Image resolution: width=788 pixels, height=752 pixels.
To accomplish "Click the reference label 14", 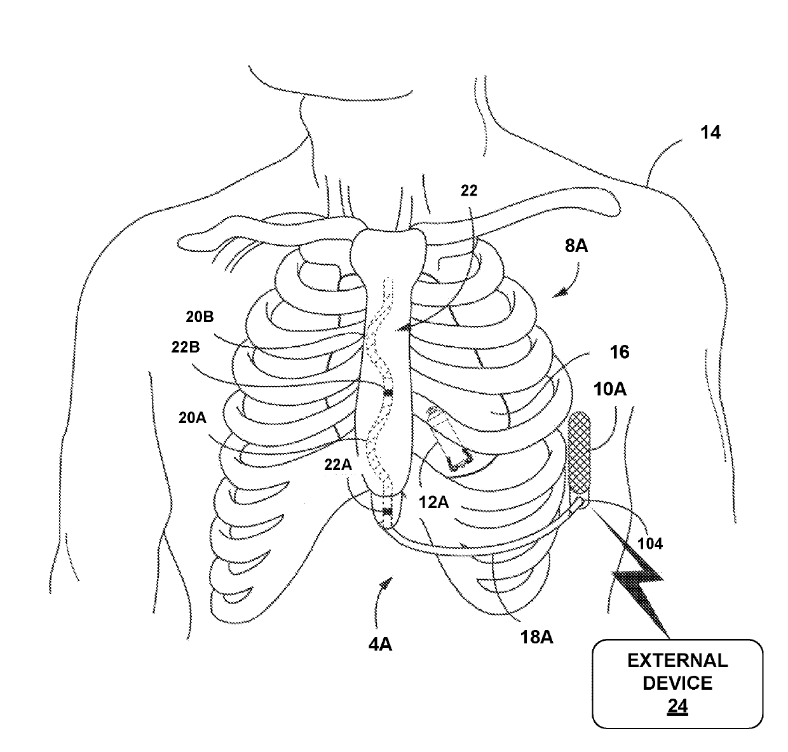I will [710, 133].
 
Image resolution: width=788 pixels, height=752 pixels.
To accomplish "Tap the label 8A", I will [576, 246].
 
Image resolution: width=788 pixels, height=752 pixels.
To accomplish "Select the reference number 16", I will [620, 352].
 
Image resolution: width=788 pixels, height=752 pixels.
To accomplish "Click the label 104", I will [650, 544].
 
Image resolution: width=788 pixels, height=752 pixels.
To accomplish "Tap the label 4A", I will [379, 645].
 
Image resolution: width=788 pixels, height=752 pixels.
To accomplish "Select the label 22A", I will [339, 466].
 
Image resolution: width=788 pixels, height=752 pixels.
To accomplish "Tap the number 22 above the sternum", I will [468, 190].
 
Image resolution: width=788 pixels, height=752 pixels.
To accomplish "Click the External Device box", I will [677, 683].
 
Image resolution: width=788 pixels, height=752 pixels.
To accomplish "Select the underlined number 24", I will [677, 706].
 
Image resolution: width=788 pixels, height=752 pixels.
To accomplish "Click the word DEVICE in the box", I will [677, 683].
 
